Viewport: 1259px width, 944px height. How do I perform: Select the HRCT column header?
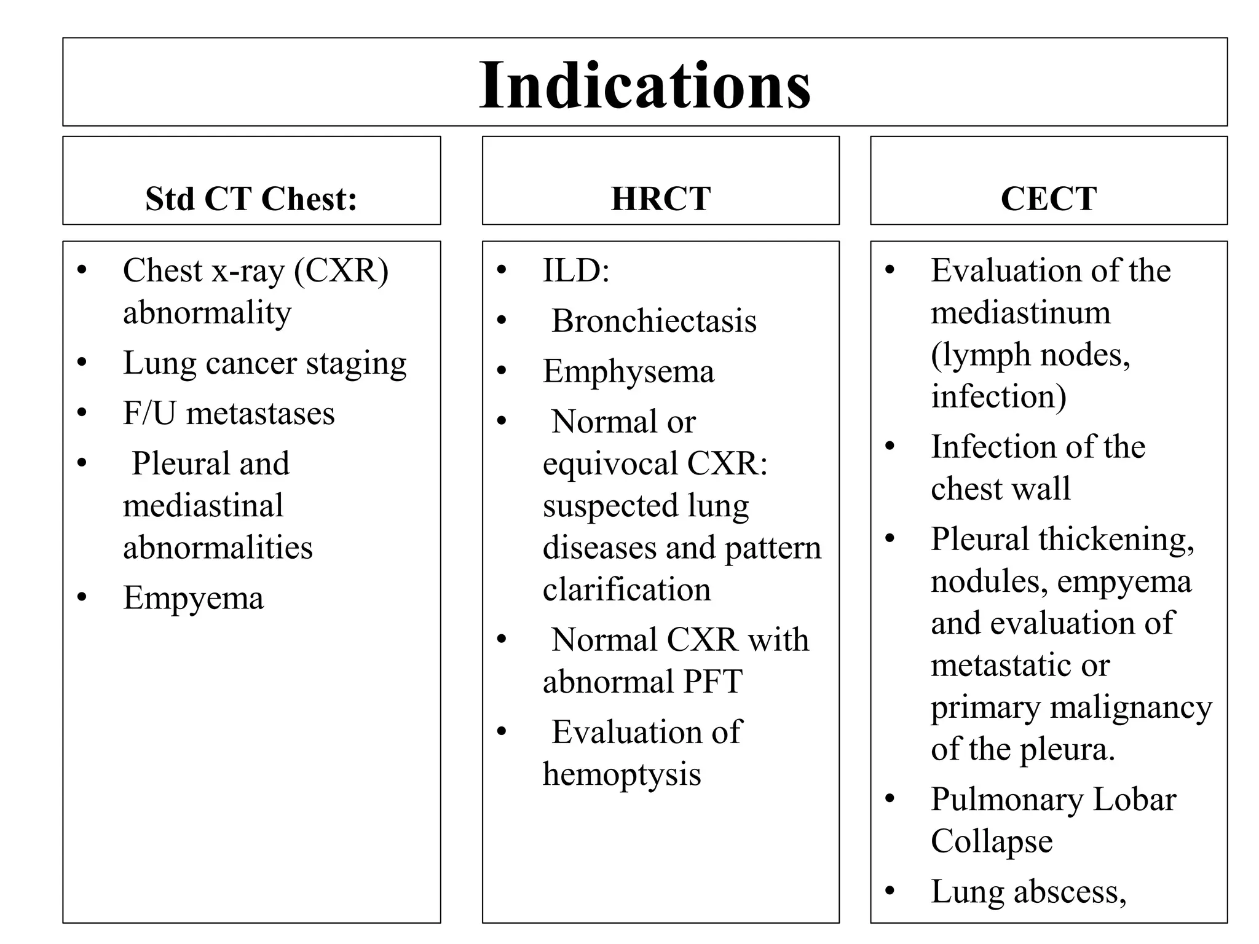click(661, 199)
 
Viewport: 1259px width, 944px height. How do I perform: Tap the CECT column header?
click(1049, 199)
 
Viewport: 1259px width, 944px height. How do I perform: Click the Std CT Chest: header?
click(251, 199)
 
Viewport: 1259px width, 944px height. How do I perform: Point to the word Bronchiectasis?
click(654, 321)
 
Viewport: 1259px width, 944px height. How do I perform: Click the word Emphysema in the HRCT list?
click(628, 371)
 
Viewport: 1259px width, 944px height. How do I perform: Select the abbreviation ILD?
click(576, 270)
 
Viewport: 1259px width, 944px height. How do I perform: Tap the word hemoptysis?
click(622, 774)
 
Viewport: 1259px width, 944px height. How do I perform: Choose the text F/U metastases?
click(229, 413)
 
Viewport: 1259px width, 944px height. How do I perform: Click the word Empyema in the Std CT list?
click(193, 598)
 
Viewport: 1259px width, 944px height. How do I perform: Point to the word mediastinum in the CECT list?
click(1020, 313)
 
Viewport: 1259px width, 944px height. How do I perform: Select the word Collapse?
click(992, 841)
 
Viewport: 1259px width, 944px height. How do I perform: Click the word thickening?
click(1116, 540)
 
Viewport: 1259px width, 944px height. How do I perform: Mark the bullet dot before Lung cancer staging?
click(82, 362)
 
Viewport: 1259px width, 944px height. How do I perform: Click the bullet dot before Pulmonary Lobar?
click(890, 799)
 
